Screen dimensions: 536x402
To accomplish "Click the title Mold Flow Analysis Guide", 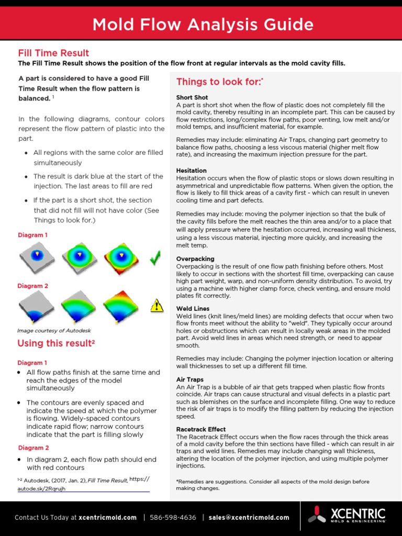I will [203, 25].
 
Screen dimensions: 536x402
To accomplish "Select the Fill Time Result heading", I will [53, 53].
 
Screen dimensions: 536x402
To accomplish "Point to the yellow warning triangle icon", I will [157, 306].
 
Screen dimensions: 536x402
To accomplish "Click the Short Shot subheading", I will [192, 97].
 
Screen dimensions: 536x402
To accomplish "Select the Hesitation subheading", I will [192, 171].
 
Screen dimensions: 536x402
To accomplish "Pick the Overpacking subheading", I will [195, 259].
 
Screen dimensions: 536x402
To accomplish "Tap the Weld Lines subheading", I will [193, 309].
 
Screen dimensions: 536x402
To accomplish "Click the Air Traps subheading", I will [190, 379].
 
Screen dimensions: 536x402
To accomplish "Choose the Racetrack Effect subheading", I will [201, 429].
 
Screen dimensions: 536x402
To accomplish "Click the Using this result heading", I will [56, 343].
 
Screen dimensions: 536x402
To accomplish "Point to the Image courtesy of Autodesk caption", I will [54, 330].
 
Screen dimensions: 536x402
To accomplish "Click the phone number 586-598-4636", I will [173, 518].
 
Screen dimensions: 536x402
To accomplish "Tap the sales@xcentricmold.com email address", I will [249, 518].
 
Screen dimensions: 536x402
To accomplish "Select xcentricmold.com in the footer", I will [107, 518].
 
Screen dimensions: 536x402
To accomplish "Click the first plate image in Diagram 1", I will [36, 257].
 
